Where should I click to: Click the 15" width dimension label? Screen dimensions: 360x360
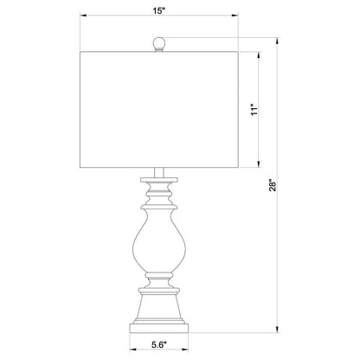(159, 10)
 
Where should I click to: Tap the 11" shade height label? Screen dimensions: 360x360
(254, 110)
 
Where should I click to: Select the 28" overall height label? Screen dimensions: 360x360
(273, 185)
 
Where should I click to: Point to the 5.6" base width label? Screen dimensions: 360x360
(159, 344)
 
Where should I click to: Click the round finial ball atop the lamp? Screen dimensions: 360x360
(158, 43)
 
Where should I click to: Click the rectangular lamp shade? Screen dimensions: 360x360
(159, 110)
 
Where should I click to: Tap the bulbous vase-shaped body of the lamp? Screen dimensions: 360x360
(159, 240)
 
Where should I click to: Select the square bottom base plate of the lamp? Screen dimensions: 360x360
(159, 328)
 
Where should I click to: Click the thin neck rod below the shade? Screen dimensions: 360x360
(159, 172)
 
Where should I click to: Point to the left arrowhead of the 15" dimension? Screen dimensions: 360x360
(83, 16)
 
